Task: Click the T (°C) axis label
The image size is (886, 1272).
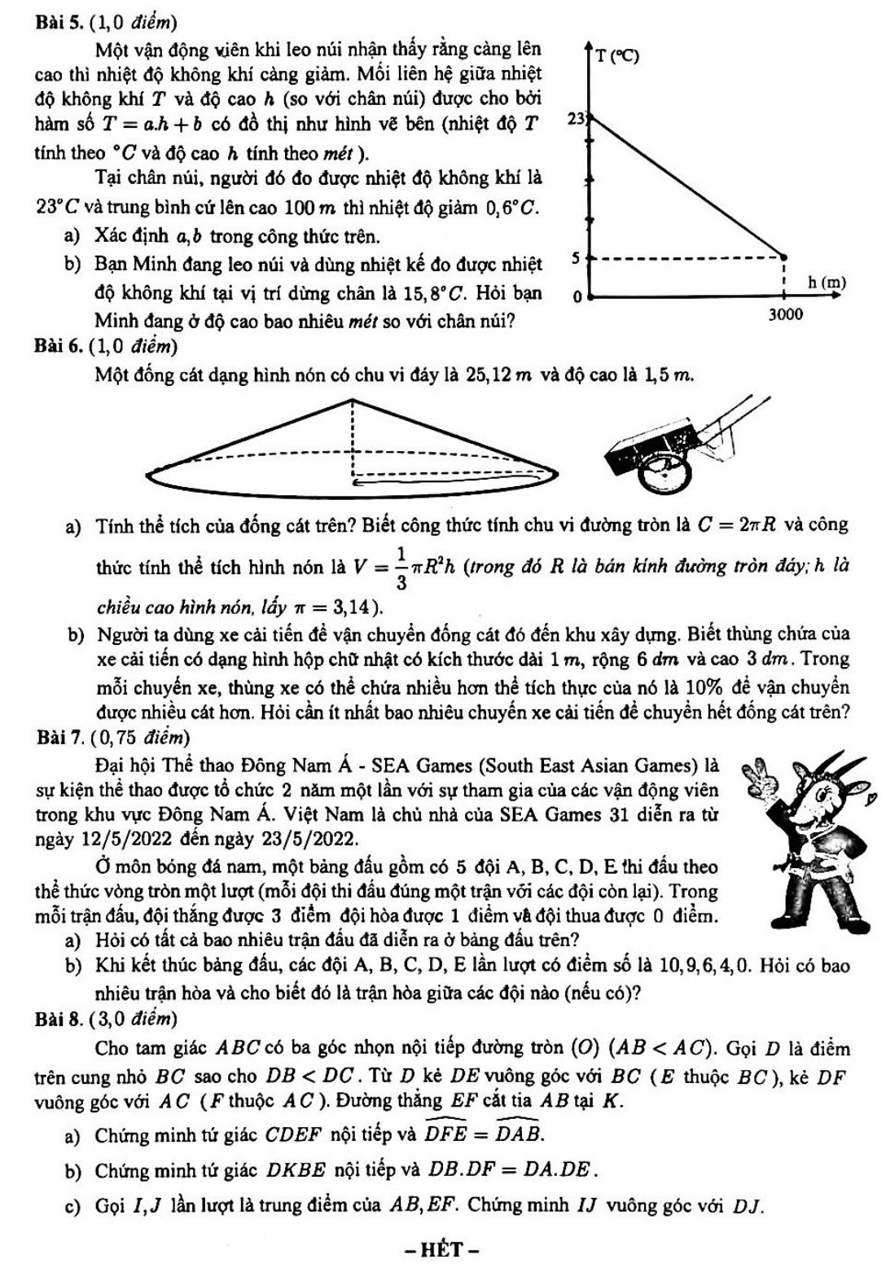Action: pyautogui.click(x=616, y=56)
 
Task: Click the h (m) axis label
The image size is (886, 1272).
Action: pyautogui.click(x=827, y=283)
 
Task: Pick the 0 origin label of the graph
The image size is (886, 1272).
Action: pyautogui.click(x=576, y=297)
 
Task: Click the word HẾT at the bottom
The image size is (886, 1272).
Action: pyautogui.click(x=442, y=1248)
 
